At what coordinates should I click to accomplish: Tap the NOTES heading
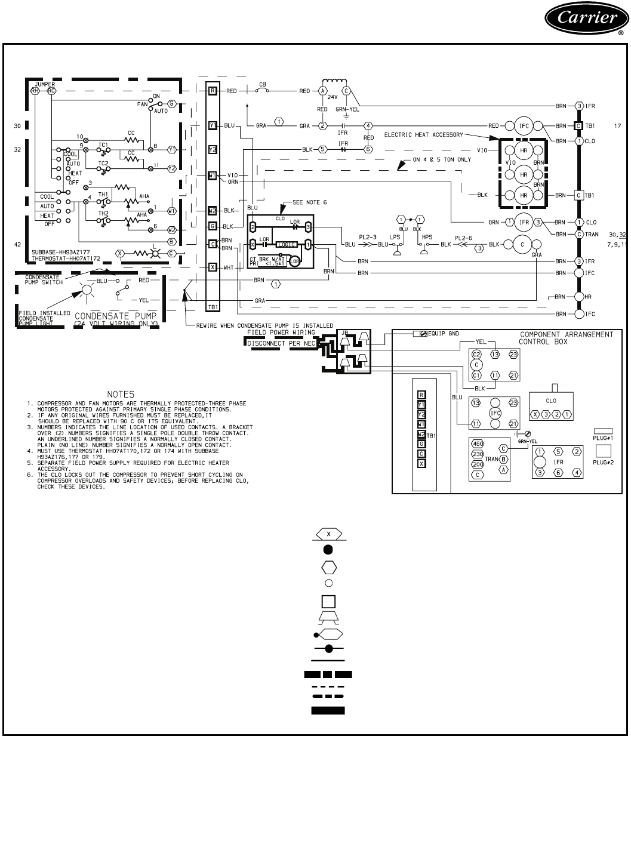121,394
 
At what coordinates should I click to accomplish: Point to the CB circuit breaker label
262,84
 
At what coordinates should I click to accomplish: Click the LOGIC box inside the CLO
287,244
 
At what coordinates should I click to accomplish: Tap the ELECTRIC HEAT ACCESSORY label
423,134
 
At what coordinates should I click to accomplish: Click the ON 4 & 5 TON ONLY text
442,159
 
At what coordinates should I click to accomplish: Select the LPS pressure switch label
395,237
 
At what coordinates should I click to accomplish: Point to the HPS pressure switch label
427,237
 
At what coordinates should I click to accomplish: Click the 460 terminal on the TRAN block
478,444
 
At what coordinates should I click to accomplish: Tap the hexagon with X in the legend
328,533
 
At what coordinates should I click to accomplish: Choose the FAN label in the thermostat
142,104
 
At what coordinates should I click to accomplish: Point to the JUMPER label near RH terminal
45,84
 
